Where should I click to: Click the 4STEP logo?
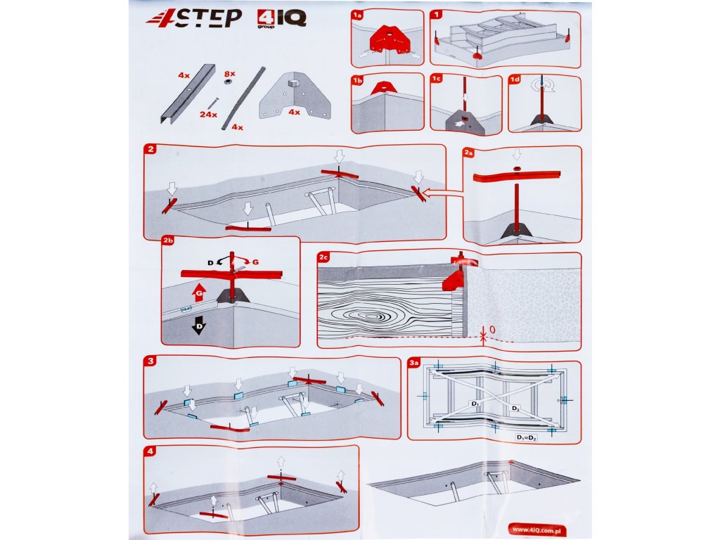point(194,19)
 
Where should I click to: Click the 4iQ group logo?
point(281,19)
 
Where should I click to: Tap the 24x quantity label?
point(208,115)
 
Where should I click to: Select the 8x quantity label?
point(230,73)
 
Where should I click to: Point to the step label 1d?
point(515,79)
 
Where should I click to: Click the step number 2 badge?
point(150,149)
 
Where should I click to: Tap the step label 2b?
point(168,240)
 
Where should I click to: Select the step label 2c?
point(323,257)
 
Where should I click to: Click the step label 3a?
point(413,363)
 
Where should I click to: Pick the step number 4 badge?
point(150,451)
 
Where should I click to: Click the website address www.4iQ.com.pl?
point(536,530)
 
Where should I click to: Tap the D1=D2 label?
point(527,437)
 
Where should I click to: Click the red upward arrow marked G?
point(199,292)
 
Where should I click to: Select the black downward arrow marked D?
point(199,325)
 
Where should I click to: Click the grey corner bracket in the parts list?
point(295,96)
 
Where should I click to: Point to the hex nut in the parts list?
point(227,82)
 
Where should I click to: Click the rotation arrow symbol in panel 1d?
point(543,85)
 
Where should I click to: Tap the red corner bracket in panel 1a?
point(390,40)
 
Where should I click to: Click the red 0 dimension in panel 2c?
point(492,330)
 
